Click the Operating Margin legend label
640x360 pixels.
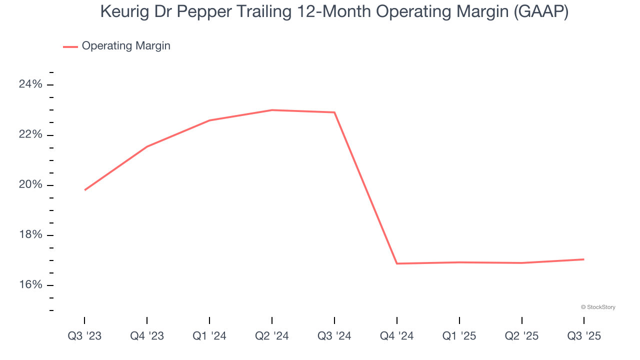pos(126,46)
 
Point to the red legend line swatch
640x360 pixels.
pos(70,46)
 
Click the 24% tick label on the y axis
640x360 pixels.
pos(30,84)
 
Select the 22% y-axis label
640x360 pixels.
pos(30,135)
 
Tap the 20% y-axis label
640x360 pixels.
pos(30,185)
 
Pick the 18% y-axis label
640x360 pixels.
pos(30,235)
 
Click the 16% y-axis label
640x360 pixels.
pos(30,285)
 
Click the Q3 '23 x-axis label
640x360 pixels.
pos(84,336)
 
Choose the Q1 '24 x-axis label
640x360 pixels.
pos(209,336)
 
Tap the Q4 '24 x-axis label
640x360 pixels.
pos(397,336)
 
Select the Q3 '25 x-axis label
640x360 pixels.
pos(584,336)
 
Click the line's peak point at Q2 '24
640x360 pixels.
pos(272,110)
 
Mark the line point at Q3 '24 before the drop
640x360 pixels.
pos(334,112)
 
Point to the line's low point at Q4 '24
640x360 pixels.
pos(397,263)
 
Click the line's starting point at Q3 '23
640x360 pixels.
pos(85,190)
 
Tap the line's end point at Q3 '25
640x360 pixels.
pos(583,259)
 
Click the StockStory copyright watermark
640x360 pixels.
pos(598,307)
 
